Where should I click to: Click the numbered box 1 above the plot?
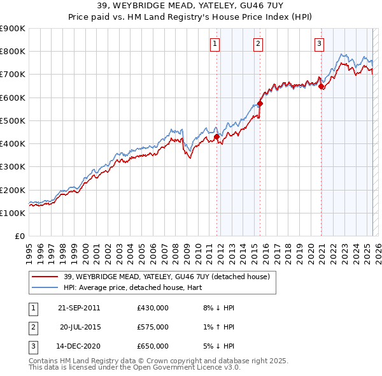pyautogui.click(x=215, y=44)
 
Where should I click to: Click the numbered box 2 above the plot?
pyautogui.click(x=258, y=44)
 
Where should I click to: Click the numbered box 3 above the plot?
pyautogui.click(x=319, y=44)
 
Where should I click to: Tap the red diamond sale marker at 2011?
pyautogui.click(x=216, y=136)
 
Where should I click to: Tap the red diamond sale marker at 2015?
pyautogui.click(x=260, y=103)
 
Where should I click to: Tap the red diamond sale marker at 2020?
pyautogui.click(x=321, y=87)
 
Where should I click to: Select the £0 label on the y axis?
pyautogui.click(x=19, y=236)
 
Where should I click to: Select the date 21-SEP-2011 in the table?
pyautogui.click(x=78, y=308)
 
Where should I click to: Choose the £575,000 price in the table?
pyautogui.click(x=153, y=327)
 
